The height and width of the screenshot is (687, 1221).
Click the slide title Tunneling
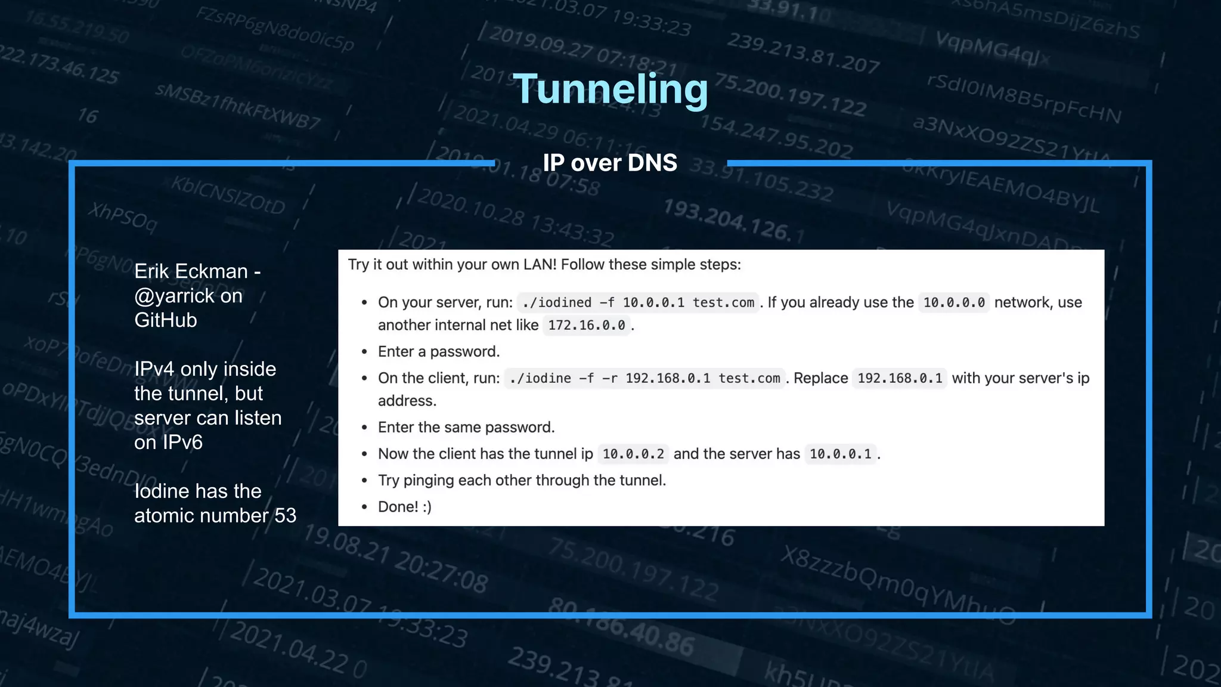coord(610,89)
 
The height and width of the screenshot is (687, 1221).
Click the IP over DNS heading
coord(610,163)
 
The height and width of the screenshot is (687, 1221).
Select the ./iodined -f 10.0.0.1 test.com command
coord(638,302)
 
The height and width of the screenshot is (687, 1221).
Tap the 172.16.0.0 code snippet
coord(587,325)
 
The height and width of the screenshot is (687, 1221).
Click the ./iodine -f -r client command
coord(644,378)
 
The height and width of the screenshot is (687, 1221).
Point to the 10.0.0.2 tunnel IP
coord(633,454)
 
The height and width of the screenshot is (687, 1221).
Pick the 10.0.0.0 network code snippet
coord(954,302)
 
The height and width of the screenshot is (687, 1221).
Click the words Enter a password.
coord(439,351)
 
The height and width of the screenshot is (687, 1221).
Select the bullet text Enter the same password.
coord(466,427)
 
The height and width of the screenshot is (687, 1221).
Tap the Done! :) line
coord(405,506)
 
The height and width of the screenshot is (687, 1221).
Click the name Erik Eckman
coord(191,271)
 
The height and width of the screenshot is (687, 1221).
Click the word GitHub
coord(166,320)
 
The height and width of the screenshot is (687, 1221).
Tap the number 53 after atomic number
coord(285,515)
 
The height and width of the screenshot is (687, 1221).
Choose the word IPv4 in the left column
coord(154,369)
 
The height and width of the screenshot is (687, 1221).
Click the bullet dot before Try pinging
coord(364,481)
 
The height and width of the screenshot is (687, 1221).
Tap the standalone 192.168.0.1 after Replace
coord(900,378)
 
